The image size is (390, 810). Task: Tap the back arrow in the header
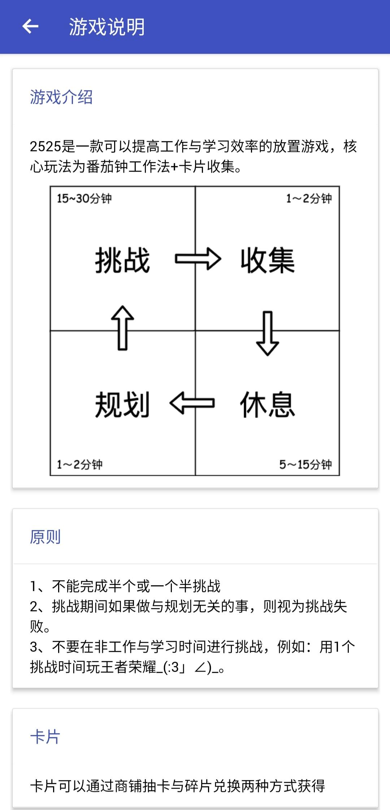(x=30, y=26)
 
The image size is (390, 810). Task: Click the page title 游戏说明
(x=107, y=27)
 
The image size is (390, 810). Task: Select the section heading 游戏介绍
(x=61, y=97)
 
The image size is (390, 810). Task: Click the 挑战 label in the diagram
(x=122, y=260)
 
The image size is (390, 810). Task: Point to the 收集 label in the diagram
(x=268, y=260)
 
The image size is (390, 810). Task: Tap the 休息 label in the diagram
(x=268, y=404)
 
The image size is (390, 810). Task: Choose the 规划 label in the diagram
(x=122, y=404)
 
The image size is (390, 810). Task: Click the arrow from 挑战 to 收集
(x=198, y=259)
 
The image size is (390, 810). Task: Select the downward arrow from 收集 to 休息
(x=267, y=333)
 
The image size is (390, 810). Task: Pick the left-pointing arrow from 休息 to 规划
(x=192, y=403)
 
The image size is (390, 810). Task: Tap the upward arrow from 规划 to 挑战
(x=122, y=328)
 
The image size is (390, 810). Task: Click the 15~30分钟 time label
(x=84, y=198)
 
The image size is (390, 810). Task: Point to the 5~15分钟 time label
(x=305, y=464)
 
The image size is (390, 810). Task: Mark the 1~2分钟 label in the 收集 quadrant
(x=309, y=198)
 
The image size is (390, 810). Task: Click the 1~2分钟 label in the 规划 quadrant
(x=79, y=464)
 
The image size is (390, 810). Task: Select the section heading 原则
(x=45, y=537)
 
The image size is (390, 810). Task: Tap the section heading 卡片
(x=45, y=737)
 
